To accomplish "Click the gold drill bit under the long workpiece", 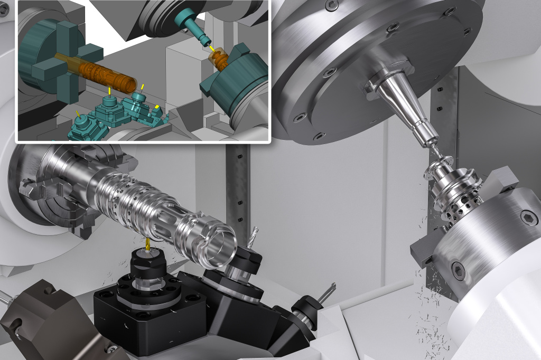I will pos(147,244).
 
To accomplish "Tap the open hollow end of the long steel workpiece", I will pos(219,244).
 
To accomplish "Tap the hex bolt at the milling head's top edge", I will pos(331,5).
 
